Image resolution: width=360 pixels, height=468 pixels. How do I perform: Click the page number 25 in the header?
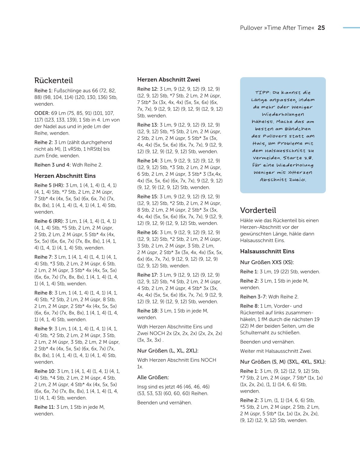click(321, 28)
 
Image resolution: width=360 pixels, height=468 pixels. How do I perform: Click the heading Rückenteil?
click(54, 80)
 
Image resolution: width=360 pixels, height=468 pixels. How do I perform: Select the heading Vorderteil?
click(258, 210)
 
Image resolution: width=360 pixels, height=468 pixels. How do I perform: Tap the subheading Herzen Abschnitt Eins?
click(65, 176)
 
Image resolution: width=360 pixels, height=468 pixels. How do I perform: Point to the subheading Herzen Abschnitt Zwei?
click(169, 80)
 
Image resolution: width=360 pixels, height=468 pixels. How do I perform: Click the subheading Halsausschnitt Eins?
click(267, 251)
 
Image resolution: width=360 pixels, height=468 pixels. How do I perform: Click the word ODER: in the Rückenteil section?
click(42, 113)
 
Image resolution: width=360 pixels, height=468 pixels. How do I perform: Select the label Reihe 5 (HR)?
click(49, 185)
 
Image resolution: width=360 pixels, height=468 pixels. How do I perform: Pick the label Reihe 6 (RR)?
click(49, 221)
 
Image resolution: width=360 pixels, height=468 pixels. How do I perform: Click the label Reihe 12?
click(148, 89)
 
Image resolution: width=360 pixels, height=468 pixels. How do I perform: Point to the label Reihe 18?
click(148, 311)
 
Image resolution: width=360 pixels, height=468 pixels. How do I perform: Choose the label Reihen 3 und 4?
click(52, 165)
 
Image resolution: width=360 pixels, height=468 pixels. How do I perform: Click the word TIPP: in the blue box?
click(263, 93)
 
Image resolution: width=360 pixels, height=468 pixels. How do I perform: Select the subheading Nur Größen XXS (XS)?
click(267, 262)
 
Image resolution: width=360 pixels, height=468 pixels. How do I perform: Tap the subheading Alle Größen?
click(153, 378)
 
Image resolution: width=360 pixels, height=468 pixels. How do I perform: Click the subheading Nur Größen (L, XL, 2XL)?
click(168, 351)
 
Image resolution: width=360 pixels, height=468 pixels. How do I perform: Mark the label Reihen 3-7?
click(253, 297)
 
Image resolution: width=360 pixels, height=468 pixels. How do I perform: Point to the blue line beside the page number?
click(351, 28)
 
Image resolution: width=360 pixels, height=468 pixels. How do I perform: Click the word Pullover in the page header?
click(251, 28)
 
